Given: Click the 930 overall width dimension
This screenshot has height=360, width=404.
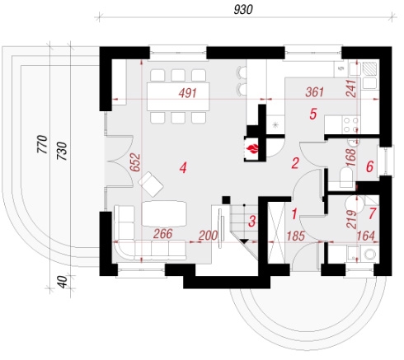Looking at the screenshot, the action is coord(243,10).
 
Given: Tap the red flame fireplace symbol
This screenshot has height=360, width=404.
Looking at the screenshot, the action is coord(252,149).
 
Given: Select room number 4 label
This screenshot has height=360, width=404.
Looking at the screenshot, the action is coord(183,167).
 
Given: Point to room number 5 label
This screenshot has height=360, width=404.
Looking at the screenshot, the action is coord(313,114).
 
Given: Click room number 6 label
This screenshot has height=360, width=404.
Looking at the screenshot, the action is coord(369,166).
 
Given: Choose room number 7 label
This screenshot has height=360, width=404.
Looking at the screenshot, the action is coord(373,213).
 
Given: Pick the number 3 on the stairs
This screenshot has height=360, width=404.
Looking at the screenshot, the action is coord(252,222).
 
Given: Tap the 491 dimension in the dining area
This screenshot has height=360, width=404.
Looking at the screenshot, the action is coord(188,93).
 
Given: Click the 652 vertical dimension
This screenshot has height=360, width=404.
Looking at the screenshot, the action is coord(136,162).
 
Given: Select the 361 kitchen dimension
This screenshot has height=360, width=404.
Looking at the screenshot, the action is coord(315,92).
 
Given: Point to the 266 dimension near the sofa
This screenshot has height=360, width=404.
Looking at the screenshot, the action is coord(163,234).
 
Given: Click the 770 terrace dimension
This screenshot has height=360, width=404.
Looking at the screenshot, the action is coord(42,144).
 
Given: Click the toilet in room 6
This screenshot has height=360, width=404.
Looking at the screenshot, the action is coord(346,176).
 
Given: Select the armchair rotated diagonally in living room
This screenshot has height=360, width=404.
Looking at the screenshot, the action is coord(151,185).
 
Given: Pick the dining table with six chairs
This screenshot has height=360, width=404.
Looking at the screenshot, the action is coord(178,96).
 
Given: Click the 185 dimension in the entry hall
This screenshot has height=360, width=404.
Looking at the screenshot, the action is coord(295,236).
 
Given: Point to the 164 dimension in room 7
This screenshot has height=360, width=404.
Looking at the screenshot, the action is coord(366,236).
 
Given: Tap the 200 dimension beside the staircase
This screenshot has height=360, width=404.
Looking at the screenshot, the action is coord(208,236).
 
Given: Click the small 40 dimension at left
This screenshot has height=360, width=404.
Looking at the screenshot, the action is coord(63,282).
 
